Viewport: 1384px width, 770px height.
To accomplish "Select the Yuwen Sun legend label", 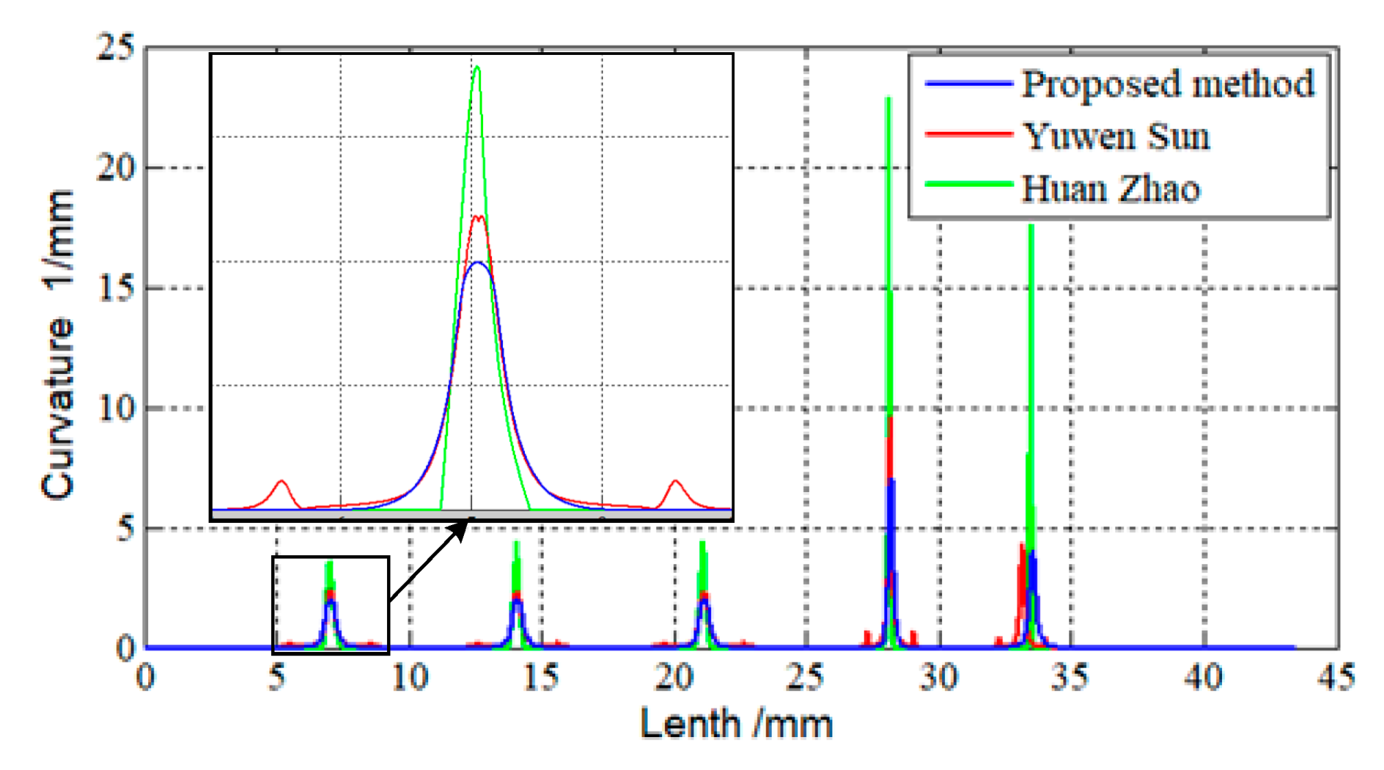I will [1116, 136].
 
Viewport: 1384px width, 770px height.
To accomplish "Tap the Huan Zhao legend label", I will [1111, 188].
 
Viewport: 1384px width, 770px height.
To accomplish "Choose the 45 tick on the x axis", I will [1335, 677].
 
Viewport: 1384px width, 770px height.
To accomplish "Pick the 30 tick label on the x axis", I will [939, 677].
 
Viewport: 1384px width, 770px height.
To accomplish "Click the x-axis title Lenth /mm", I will [736, 723].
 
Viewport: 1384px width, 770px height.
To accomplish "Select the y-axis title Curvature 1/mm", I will [58, 343].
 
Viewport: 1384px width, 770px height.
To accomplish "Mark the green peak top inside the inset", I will [477, 67].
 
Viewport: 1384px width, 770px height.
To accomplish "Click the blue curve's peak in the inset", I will [477, 262].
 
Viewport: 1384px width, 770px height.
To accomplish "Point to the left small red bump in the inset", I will [281, 481].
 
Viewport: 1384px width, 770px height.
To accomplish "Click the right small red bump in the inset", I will [676, 481].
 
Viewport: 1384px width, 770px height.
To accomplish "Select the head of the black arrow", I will [465, 523].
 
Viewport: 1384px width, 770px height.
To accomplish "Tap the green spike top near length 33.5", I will [1031, 226].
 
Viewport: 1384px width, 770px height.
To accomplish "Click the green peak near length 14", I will [516, 543].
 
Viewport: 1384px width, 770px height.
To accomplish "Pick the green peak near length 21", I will [702, 543].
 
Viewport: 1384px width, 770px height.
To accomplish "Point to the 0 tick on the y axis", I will [126, 648].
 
